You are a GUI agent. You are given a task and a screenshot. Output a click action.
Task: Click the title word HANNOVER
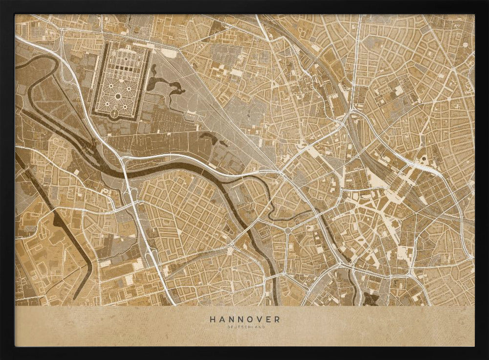245,319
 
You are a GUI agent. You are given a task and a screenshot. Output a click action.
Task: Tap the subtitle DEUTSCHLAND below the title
245,327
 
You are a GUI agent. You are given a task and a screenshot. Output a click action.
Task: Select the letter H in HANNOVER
213,319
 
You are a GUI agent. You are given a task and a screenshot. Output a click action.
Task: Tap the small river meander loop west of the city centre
274,205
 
